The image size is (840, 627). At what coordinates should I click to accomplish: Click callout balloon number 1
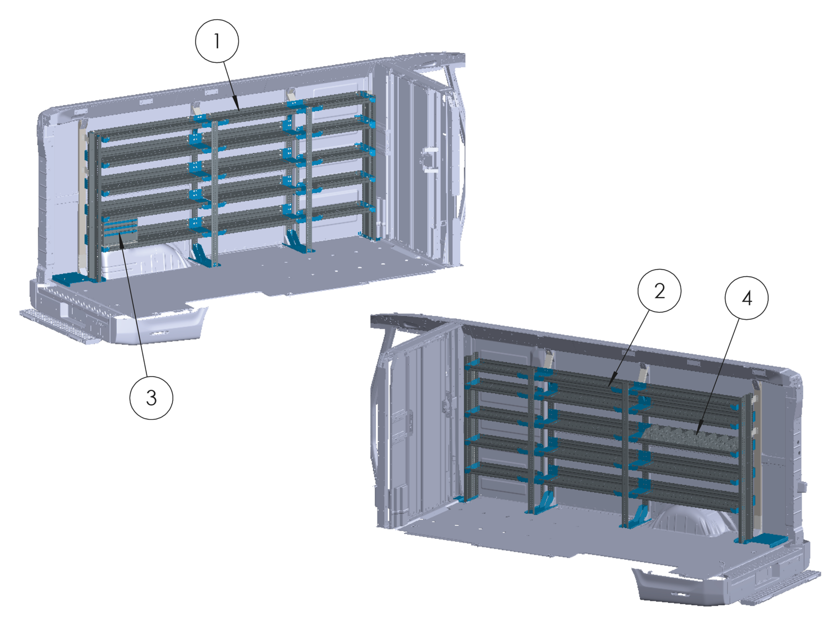tap(217, 41)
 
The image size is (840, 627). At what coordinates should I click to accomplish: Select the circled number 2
tap(659, 291)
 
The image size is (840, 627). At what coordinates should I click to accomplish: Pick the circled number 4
tap(746, 298)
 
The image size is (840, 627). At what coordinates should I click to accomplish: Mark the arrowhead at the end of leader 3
tap(120, 234)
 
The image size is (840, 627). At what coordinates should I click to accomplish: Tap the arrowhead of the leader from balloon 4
tap(697, 435)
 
